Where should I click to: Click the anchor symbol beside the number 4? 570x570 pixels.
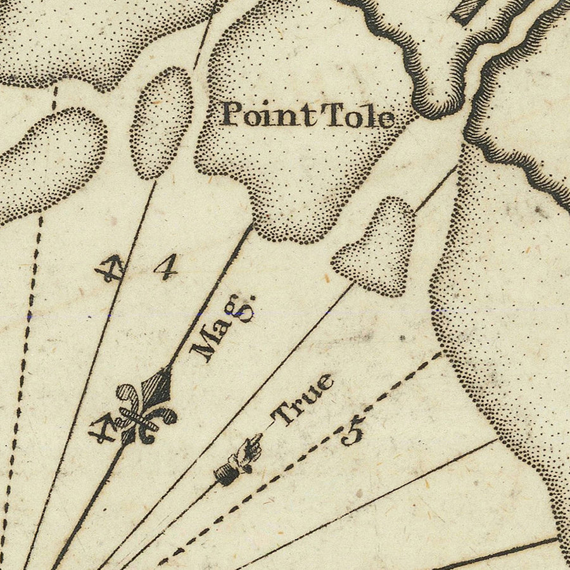[x=109, y=269]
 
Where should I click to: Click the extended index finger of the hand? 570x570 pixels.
[x=255, y=441]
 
